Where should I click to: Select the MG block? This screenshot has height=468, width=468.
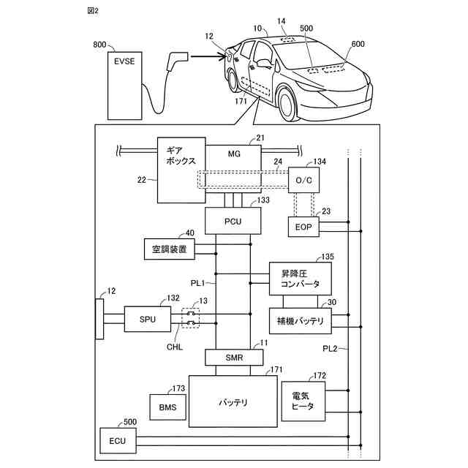(233, 154)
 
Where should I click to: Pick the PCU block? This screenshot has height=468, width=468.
(233, 220)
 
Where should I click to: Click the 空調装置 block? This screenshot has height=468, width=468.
(169, 250)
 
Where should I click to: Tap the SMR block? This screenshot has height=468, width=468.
(233, 358)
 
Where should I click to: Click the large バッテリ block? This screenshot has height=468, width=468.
(233, 401)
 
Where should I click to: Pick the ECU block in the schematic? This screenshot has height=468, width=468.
(117, 441)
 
